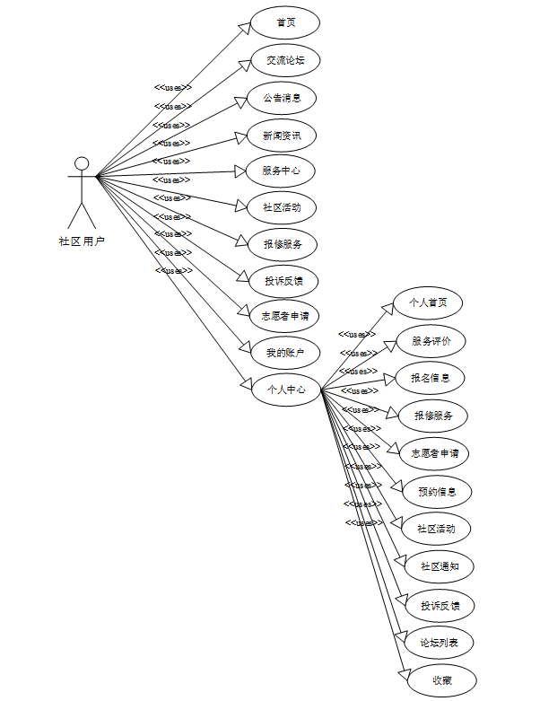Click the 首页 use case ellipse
285,22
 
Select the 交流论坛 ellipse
285,60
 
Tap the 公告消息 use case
282,97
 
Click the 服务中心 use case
282,171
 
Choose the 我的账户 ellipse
285,353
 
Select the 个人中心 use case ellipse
285,390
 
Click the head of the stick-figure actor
82,163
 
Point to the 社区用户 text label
82,241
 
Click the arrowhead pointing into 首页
244,28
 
